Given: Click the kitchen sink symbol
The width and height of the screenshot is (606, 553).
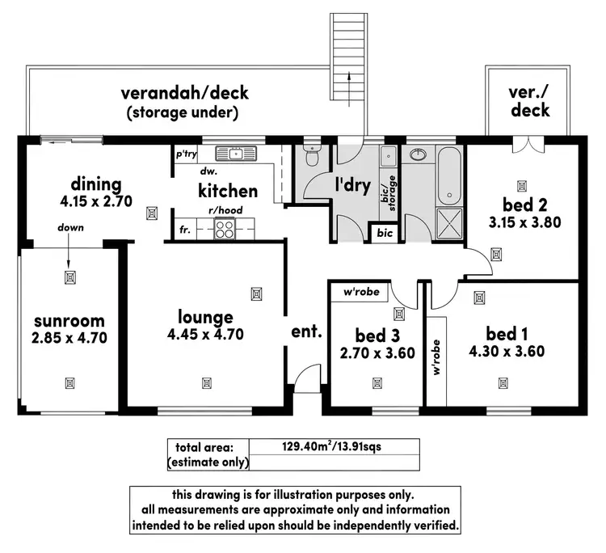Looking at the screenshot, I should pyautogui.click(x=236, y=153).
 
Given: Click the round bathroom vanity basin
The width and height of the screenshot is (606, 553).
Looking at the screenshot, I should pyautogui.click(x=419, y=154).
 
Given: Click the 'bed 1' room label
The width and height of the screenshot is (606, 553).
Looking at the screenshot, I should pyautogui.click(x=507, y=333).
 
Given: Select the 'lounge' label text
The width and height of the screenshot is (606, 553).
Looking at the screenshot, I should pyautogui.click(x=205, y=317).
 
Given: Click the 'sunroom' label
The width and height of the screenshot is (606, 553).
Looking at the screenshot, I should pyautogui.click(x=69, y=321).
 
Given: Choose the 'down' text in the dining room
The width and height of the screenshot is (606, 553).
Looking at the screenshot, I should pyautogui.click(x=70, y=228).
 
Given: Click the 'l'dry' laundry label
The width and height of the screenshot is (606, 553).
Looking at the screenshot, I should pyautogui.click(x=353, y=185).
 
